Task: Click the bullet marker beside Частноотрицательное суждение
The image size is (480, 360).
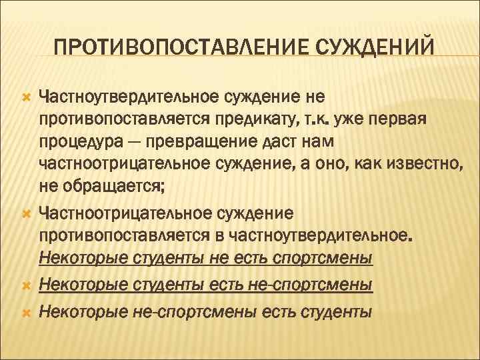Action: point(27,214)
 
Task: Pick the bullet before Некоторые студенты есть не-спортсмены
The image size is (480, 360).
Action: point(27,286)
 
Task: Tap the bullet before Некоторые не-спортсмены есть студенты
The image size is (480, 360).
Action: point(27,311)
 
